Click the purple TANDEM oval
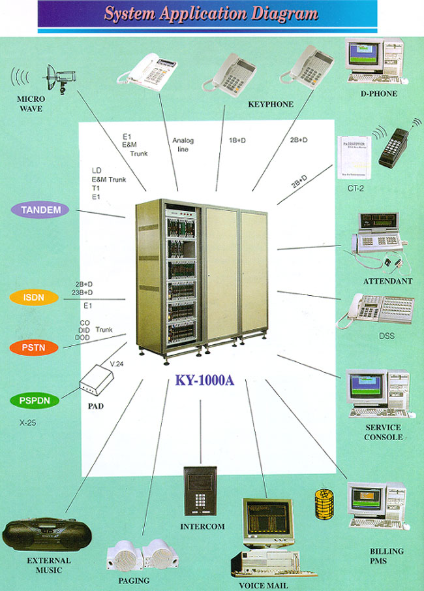40,210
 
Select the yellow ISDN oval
34,297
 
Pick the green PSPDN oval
35,400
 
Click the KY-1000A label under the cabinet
204,381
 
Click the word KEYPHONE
271,104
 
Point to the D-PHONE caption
378,94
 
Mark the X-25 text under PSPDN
27,423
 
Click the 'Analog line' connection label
183,145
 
